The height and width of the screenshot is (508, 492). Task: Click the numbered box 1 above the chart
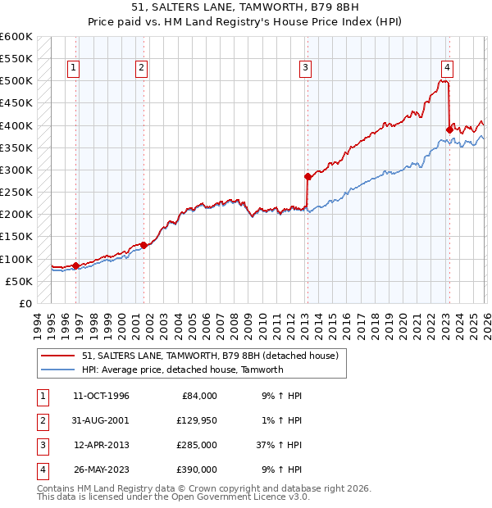(x=74, y=68)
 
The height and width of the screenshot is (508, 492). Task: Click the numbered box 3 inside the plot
(x=305, y=68)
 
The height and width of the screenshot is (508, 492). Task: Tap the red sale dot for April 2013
(x=307, y=176)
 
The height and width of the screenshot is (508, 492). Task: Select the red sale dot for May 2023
(x=449, y=129)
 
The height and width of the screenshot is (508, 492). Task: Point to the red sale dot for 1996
(x=75, y=265)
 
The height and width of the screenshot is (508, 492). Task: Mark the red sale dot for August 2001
(x=143, y=245)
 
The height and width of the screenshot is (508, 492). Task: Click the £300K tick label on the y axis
(x=16, y=170)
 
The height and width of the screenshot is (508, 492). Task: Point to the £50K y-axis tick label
(x=19, y=281)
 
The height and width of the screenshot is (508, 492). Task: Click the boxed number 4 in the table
(x=41, y=469)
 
